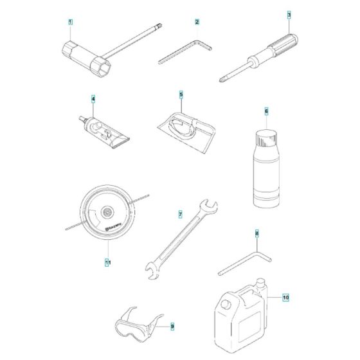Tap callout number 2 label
(197, 22)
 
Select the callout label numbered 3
(289, 14)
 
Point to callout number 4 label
(93, 99)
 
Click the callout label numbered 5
(181, 94)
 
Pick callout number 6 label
(265, 111)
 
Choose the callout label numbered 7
(181, 213)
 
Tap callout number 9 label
(172, 327)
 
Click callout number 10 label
(286, 298)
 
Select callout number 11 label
(107, 262)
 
